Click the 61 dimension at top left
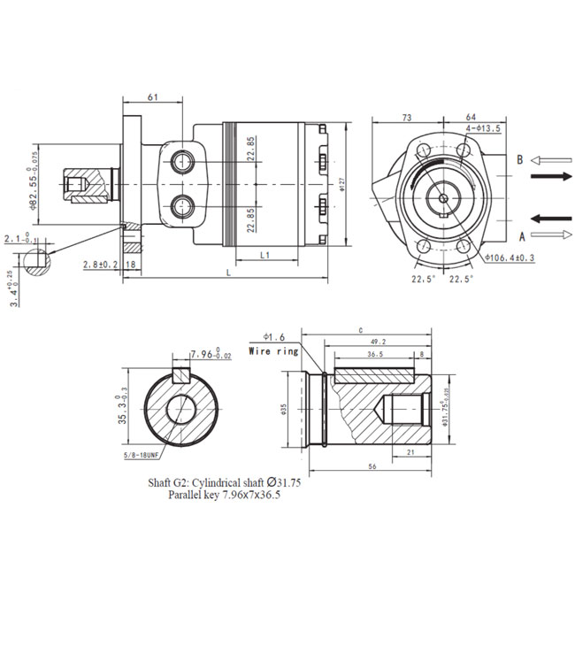point(153,96)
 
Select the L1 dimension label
point(265,255)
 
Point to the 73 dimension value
point(408,117)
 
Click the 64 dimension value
point(471,117)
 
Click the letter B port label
point(521,159)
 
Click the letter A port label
point(522,235)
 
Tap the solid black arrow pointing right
point(549,177)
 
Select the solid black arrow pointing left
point(549,217)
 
